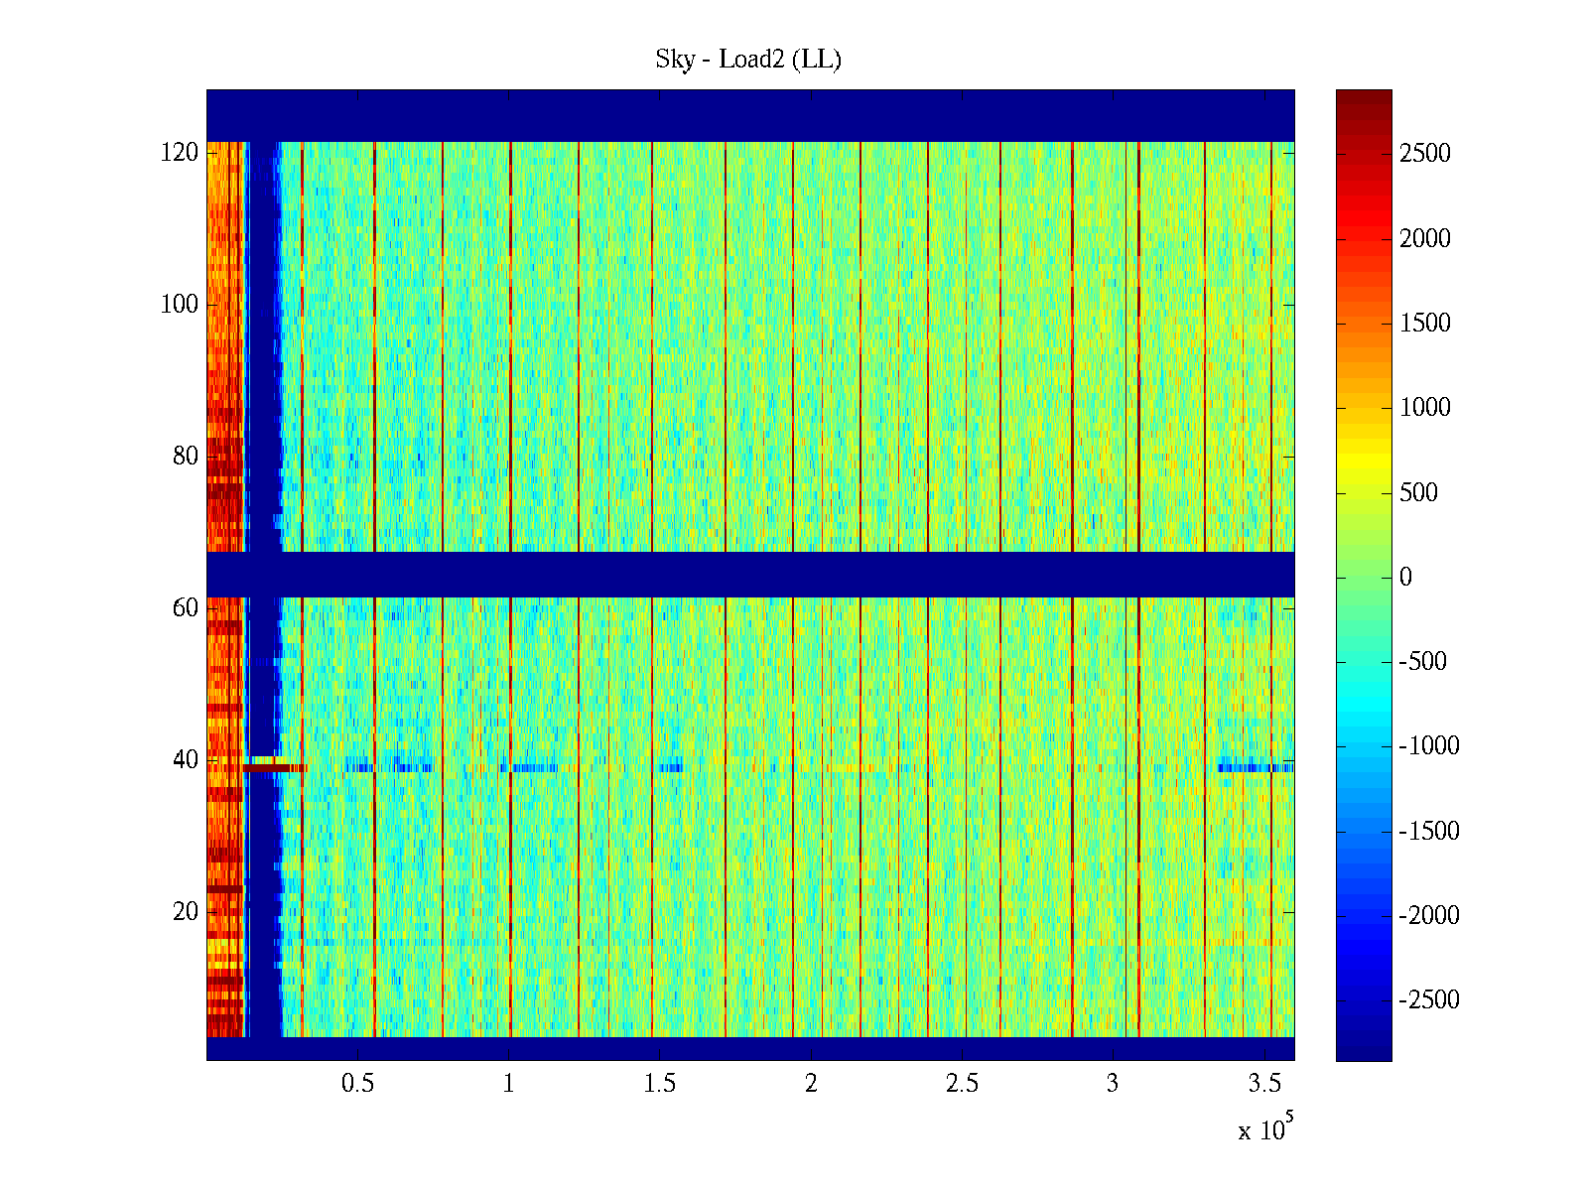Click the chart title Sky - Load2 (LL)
pos(748,60)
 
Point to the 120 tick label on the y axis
pos(180,153)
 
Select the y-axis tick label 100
pos(180,305)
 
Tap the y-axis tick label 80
pos(186,457)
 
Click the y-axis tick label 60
pos(186,608)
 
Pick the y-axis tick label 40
pos(186,760)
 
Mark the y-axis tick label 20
pos(186,912)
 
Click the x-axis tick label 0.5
pos(358,1084)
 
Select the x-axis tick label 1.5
pos(660,1084)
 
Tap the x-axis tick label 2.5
pos(962,1084)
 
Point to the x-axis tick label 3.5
pos(1264,1084)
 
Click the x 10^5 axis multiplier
pos(1265,1129)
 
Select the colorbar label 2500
pos(1425,154)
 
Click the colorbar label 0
pos(1405,578)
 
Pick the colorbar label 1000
pos(1425,408)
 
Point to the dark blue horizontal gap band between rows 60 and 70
pos(750,575)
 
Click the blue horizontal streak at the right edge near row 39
pos(1257,767)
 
